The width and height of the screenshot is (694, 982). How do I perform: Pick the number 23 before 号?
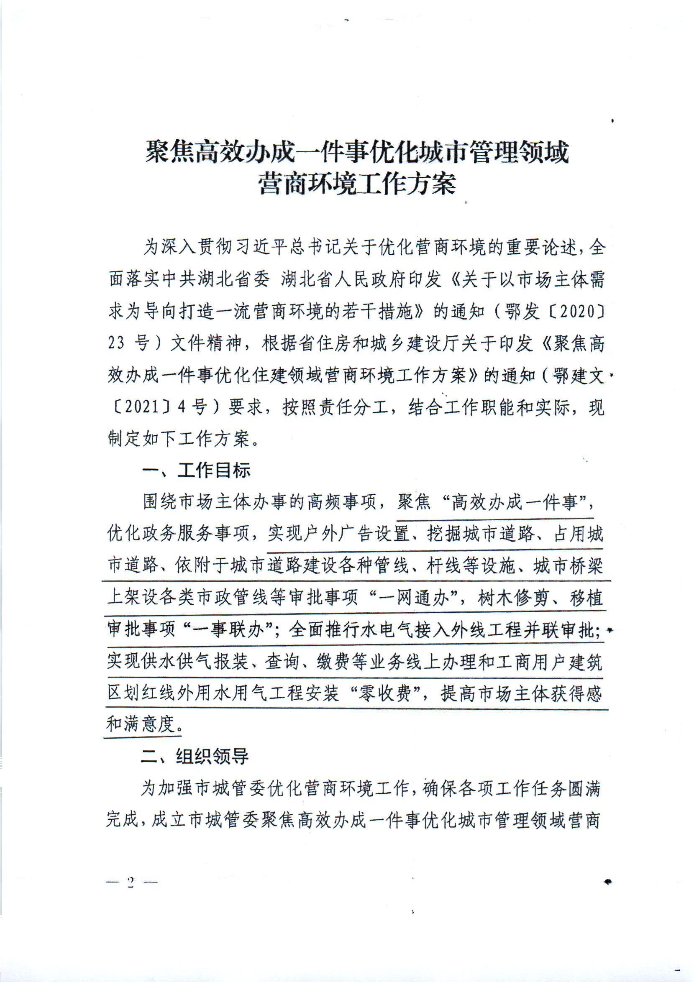[117, 344]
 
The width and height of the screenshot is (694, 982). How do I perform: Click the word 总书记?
[320, 248]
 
